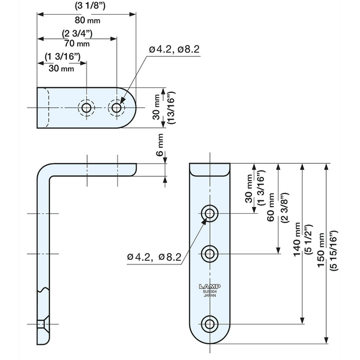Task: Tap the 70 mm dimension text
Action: click(76, 43)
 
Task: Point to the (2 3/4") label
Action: click(76, 34)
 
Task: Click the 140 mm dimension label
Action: click(296, 239)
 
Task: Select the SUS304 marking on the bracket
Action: click(209, 291)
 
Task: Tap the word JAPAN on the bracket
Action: click(209, 296)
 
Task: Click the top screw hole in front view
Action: click(210, 213)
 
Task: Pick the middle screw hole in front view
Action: click(210, 254)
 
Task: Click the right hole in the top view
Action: click(116, 107)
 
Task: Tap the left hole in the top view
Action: click(86, 107)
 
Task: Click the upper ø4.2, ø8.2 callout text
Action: click(174, 50)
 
